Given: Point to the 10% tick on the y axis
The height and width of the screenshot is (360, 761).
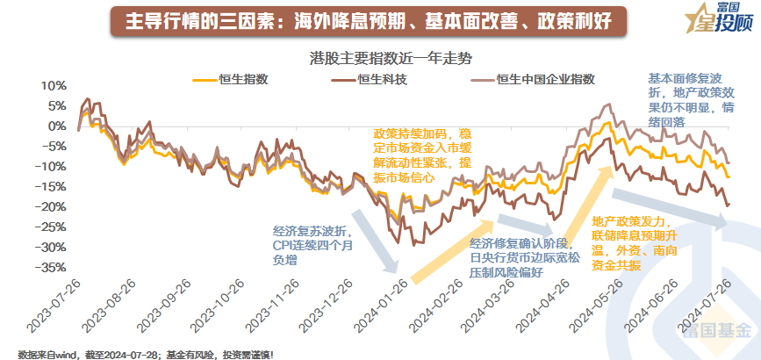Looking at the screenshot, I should coord(54,86).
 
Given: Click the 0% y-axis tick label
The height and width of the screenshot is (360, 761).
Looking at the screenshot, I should coord(57,126).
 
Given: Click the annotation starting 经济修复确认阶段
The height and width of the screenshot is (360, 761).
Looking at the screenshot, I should coord(522,257).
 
